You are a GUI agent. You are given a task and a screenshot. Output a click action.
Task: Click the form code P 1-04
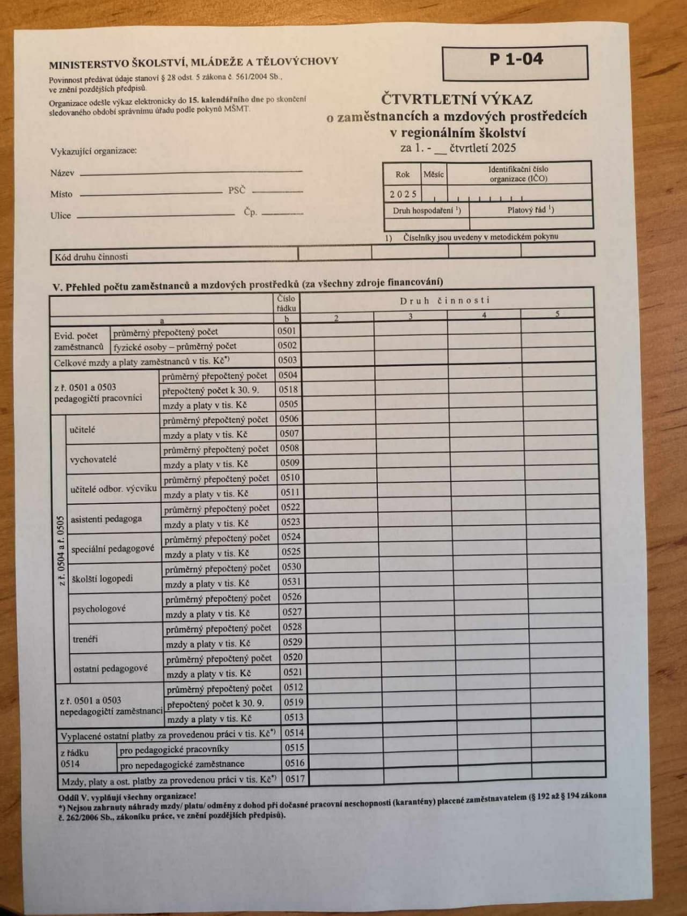516,59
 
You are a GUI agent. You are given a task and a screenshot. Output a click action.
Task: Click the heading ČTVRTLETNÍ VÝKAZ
457,99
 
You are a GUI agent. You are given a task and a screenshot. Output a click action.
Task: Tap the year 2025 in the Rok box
403,194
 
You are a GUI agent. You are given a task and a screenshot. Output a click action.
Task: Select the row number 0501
287,331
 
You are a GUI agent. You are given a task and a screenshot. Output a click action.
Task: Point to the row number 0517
295,778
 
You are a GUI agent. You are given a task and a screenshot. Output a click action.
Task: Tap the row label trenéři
85,639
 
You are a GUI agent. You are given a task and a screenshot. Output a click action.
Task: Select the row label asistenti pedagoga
106,519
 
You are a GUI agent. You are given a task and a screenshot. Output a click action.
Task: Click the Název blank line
191,173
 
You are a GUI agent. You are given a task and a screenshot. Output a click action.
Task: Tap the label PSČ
237,190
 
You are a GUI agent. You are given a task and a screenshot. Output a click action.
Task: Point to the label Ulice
61,216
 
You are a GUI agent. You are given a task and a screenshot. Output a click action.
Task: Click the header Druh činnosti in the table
445,301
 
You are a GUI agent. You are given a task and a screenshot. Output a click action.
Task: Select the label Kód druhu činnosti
91,257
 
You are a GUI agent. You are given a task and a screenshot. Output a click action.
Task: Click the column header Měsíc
434,174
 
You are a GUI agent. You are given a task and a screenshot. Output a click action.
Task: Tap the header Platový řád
530,210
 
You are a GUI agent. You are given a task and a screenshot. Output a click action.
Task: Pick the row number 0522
290,507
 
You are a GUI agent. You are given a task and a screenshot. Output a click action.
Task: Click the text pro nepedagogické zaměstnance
182,764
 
